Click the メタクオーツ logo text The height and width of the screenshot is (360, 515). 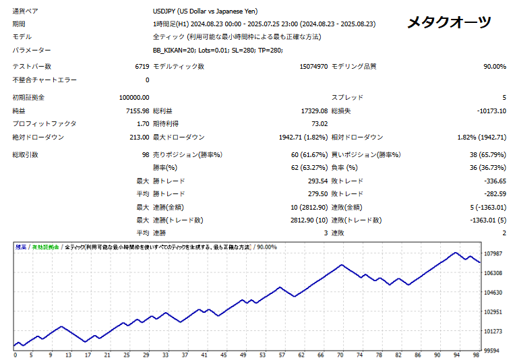click(449, 22)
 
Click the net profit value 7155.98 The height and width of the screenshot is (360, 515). click(137, 111)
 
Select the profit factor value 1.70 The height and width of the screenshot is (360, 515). click(142, 123)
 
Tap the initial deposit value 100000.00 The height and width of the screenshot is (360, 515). click(133, 97)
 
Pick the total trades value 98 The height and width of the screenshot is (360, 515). click(144, 154)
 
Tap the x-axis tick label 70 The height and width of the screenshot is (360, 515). click(340, 355)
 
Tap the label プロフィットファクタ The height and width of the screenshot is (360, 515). click(44, 123)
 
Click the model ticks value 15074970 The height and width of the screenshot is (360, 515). click(313, 66)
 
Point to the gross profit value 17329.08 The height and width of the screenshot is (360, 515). click(312, 111)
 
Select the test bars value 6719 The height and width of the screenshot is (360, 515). click(142, 66)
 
